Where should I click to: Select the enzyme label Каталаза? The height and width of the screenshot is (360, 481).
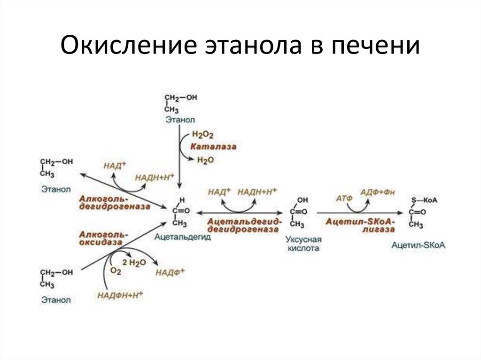click(213, 147)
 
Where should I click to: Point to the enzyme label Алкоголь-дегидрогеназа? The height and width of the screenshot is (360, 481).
click(115, 202)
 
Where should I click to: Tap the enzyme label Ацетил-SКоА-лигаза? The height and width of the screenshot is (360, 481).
click(360, 225)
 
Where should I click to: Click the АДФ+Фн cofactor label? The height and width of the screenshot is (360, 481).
click(378, 191)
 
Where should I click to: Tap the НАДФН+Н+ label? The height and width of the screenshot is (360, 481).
click(120, 295)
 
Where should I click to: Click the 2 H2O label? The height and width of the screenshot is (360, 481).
click(134, 262)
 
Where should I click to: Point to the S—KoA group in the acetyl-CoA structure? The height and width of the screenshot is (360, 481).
click(424, 200)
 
